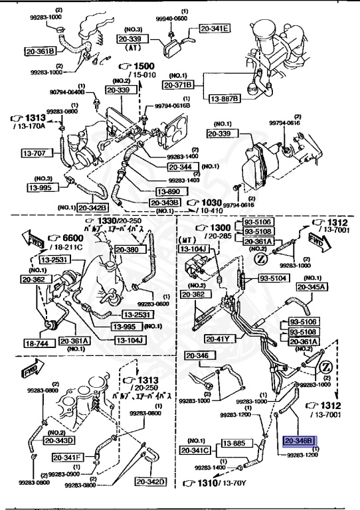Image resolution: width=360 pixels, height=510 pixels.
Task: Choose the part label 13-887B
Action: coord(225,99)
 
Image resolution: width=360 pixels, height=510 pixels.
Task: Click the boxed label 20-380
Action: coord(128,250)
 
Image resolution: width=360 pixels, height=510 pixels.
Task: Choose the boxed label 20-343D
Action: coord(60,439)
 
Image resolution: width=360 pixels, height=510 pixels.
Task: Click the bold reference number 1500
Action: coord(141,67)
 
